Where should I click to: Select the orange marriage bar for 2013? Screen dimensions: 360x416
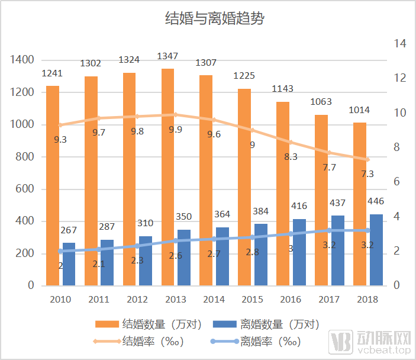[167, 178]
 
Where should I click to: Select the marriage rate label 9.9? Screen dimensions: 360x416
[175, 129]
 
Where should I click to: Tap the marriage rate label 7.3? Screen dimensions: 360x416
[367, 173]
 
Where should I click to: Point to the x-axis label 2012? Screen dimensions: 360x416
[137, 300]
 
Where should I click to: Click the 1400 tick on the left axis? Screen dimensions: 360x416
[22, 60]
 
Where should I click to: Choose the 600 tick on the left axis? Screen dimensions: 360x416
[25, 189]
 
